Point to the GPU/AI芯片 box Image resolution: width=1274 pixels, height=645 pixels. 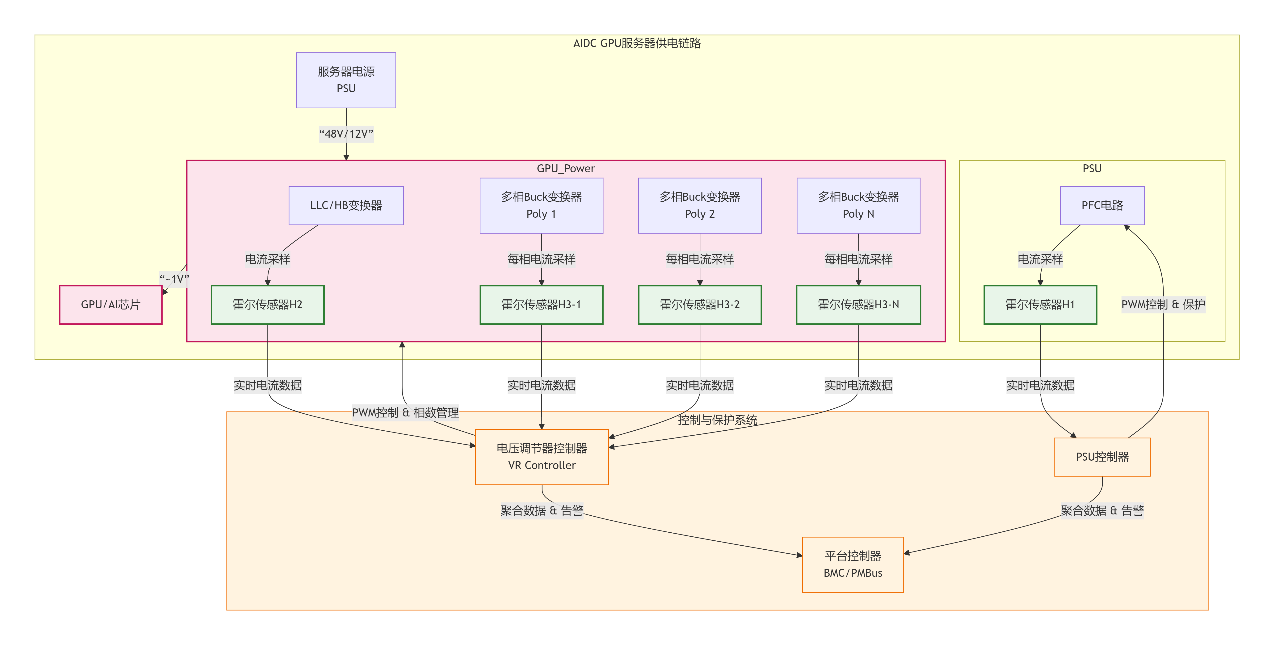111,305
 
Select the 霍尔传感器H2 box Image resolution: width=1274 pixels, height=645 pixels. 268,305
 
